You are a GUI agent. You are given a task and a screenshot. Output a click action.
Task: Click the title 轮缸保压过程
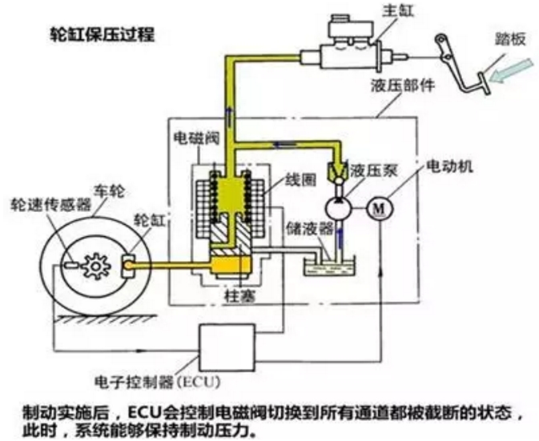[x=103, y=34]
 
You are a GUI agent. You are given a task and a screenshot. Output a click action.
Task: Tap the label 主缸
[x=398, y=10]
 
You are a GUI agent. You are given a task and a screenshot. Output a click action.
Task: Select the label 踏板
[x=510, y=39]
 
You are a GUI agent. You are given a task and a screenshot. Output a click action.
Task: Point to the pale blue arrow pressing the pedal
[x=512, y=71]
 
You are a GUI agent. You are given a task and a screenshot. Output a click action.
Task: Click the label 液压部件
[x=403, y=86]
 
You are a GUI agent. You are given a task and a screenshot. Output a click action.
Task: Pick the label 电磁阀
[x=196, y=138]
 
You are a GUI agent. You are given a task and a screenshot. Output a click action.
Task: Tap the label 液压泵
[x=373, y=170]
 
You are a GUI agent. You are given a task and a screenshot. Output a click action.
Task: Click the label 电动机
[x=449, y=166]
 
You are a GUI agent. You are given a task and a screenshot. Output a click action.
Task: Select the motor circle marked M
[x=380, y=208]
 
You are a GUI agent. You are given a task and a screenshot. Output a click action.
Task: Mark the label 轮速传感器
[x=51, y=205]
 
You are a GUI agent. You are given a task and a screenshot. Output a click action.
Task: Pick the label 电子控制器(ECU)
[x=158, y=382]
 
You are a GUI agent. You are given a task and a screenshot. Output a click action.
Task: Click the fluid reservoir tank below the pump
[x=329, y=267]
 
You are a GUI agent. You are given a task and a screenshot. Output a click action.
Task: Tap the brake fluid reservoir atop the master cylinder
[x=351, y=28]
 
